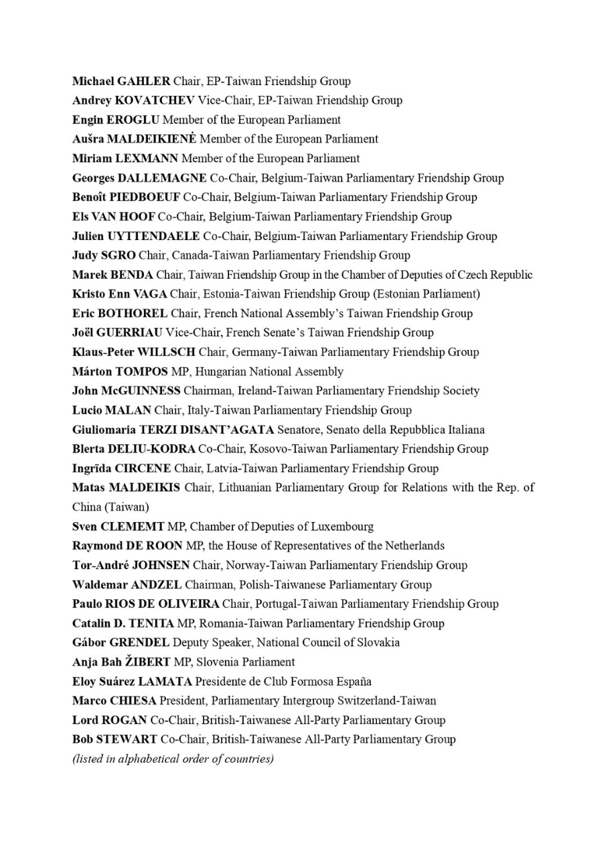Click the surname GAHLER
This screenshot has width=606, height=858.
(143, 81)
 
